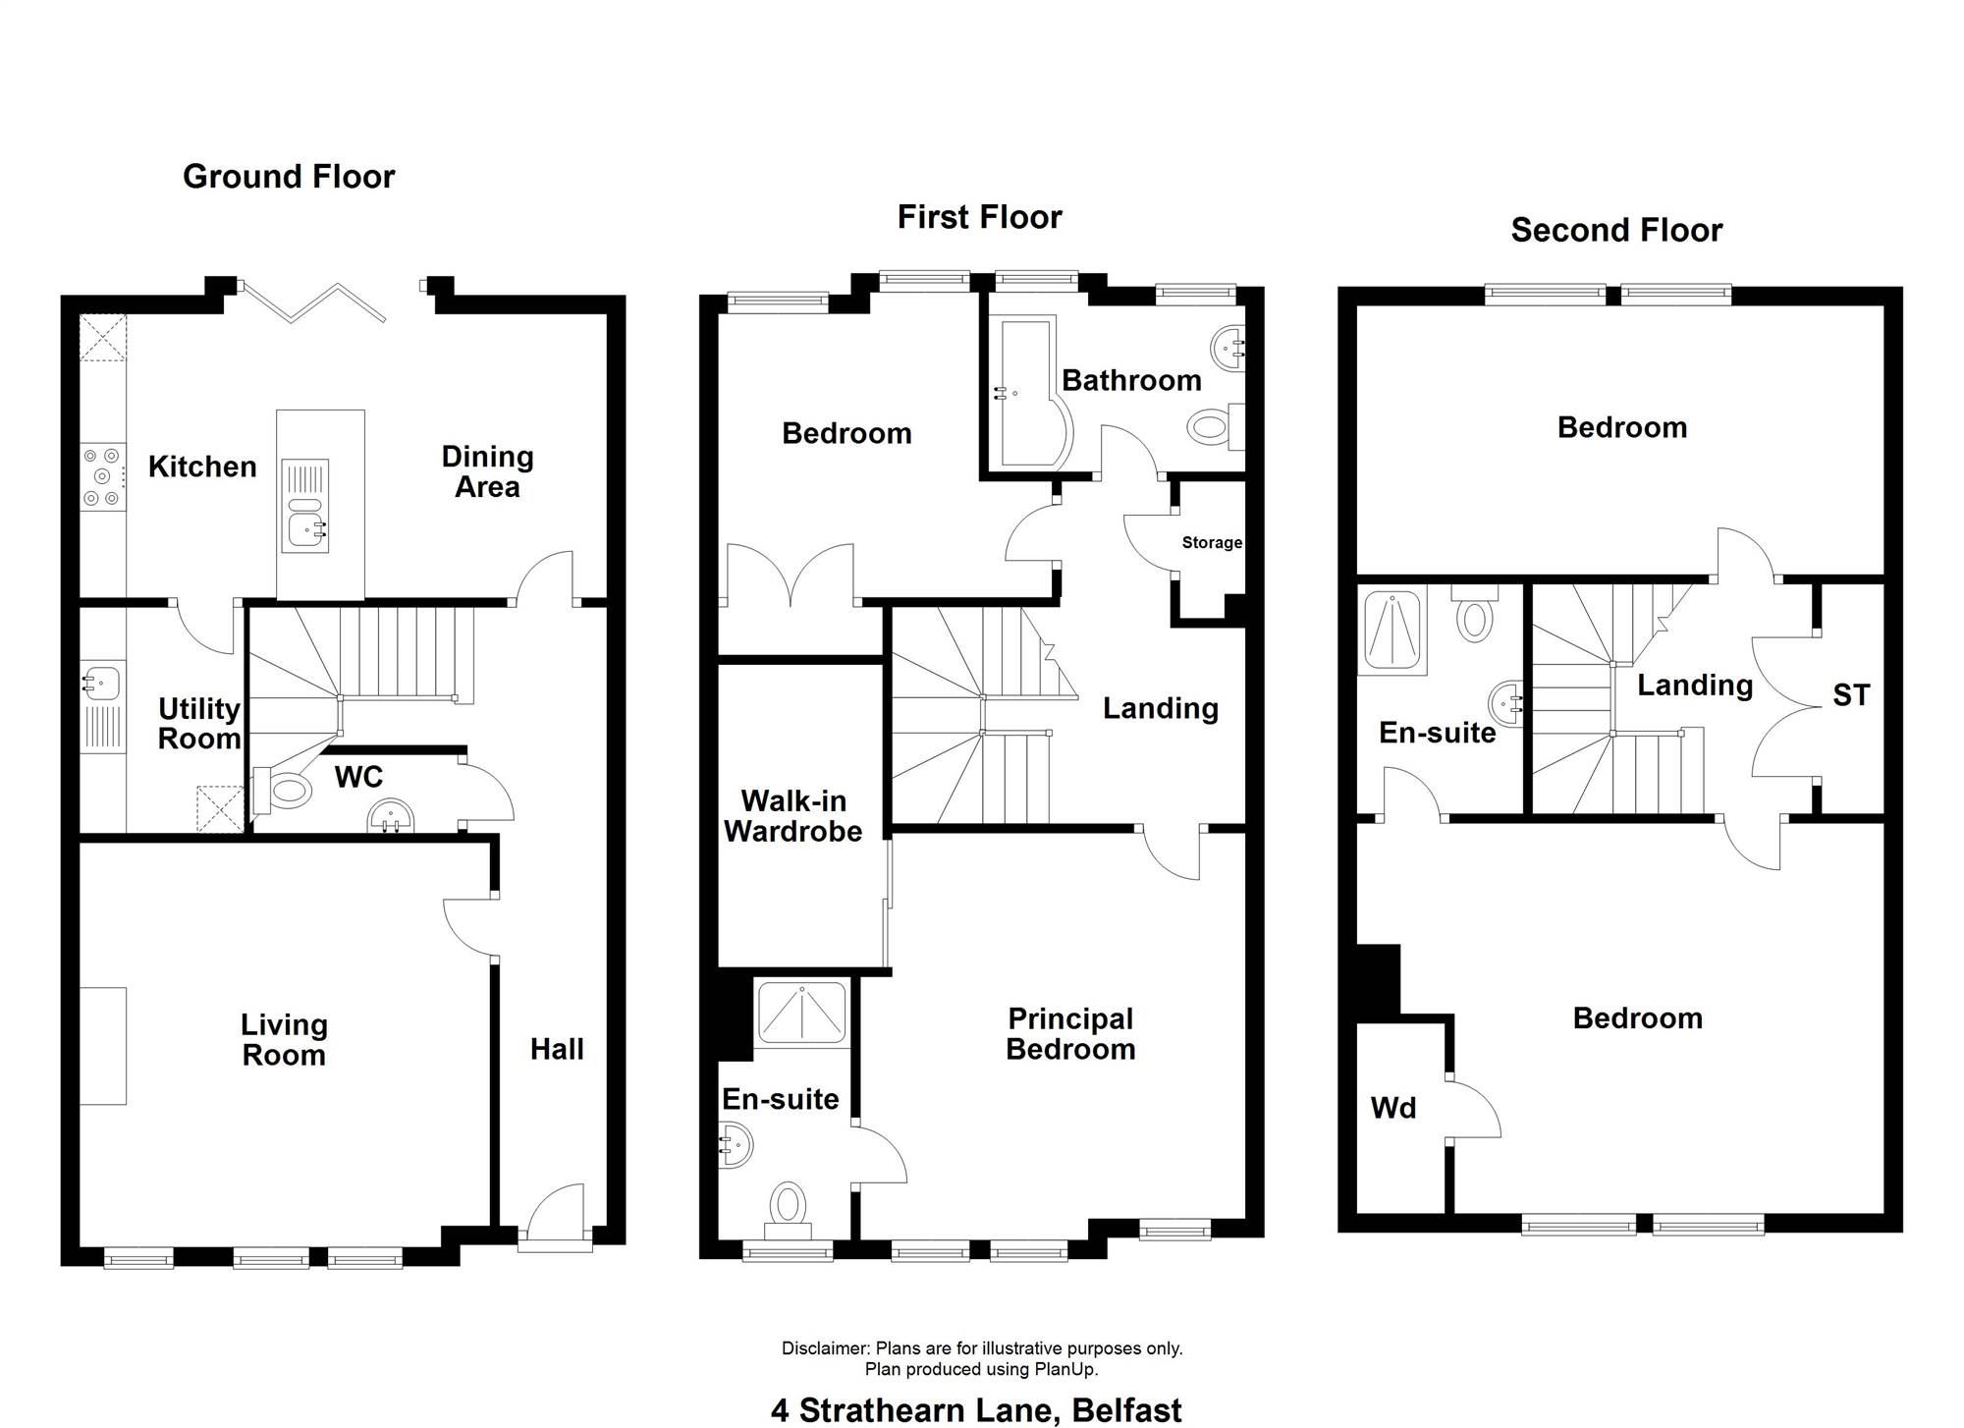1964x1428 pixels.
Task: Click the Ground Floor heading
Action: pos(289,177)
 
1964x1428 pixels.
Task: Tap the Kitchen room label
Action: pos(202,467)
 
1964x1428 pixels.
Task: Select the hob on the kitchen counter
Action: pos(102,477)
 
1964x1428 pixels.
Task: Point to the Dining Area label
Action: pos(487,471)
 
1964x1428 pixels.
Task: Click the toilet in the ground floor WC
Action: pos(281,790)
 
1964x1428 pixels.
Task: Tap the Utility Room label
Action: pos(199,723)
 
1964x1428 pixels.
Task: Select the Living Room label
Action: pos(284,1039)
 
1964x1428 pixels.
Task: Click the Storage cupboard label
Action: pos(1212,542)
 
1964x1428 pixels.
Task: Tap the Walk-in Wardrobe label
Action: pos(793,816)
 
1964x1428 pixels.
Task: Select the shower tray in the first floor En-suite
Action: pos(801,1012)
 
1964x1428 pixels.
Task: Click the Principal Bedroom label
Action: pos(1070,1033)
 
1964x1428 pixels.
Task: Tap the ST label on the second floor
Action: pos(1851,696)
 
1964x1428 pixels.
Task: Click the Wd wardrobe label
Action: pos(1393,1109)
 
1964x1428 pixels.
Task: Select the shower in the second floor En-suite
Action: pos(1392,632)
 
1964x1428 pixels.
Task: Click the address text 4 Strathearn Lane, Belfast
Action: pos(976,1410)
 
